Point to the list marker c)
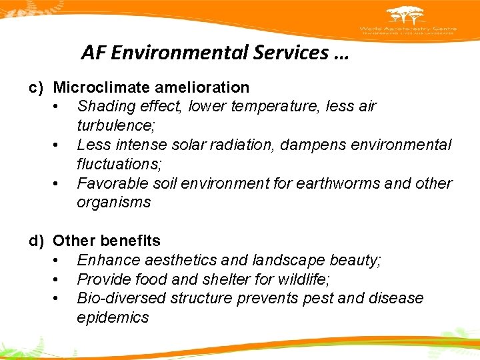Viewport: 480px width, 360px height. [37, 87]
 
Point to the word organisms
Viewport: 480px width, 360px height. [114, 202]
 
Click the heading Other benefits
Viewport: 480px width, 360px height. [107, 241]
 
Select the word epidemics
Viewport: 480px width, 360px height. [113, 317]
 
